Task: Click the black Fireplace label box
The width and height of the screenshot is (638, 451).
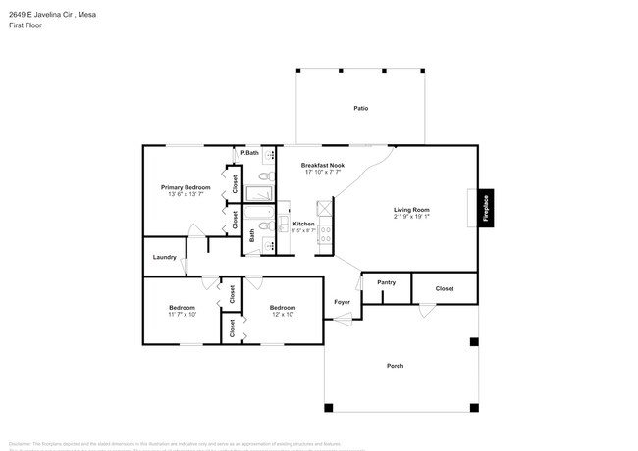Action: click(x=485, y=208)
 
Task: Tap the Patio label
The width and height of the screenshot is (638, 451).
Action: click(x=361, y=108)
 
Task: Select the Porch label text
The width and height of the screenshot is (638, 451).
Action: click(x=395, y=366)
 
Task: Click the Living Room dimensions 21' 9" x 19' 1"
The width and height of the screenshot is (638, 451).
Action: click(x=412, y=217)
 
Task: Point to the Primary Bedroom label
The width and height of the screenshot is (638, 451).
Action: click(x=186, y=187)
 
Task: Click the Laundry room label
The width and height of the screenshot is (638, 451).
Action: click(x=165, y=257)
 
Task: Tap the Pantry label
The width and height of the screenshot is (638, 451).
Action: click(x=386, y=282)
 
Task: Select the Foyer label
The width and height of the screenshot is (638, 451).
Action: click(x=342, y=302)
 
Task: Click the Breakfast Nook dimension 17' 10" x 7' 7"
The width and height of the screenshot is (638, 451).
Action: click(x=322, y=173)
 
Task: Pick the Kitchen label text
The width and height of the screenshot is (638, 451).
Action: click(x=303, y=225)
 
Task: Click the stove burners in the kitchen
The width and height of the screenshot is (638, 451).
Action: click(x=326, y=236)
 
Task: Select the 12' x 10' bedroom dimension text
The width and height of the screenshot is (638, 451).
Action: click(x=283, y=315)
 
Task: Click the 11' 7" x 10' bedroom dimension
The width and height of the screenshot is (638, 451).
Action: click(x=183, y=315)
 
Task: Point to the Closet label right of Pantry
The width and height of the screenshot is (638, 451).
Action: click(x=445, y=289)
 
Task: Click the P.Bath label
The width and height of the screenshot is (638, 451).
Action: click(x=250, y=153)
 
